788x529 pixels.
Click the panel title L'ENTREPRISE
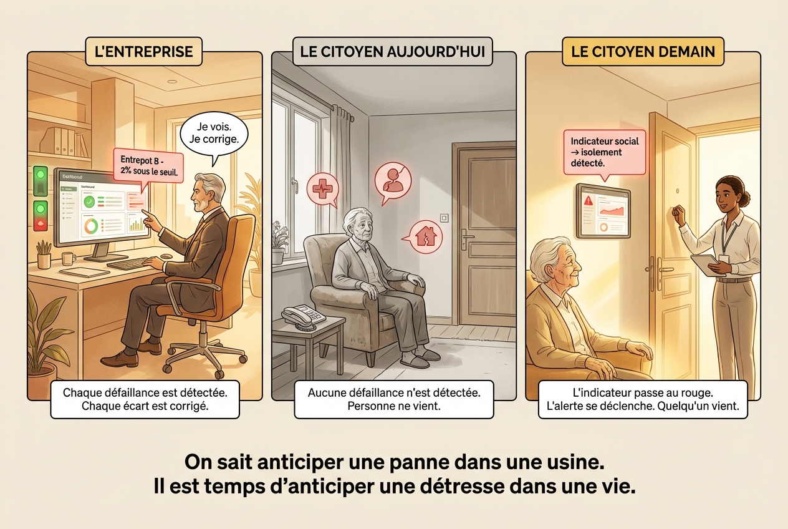tap(143, 51)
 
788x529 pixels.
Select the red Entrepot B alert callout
tap(148, 165)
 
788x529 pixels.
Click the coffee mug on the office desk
tap(68, 258)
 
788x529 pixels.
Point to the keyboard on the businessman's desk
tap(130, 263)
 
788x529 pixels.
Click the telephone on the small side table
tap(302, 315)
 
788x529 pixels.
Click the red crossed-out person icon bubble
tap(393, 180)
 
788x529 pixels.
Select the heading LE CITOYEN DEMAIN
tap(643, 51)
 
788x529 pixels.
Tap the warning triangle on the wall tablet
tap(589, 200)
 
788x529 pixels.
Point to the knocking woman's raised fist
tap(678, 213)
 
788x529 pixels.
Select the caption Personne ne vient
tap(393, 406)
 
